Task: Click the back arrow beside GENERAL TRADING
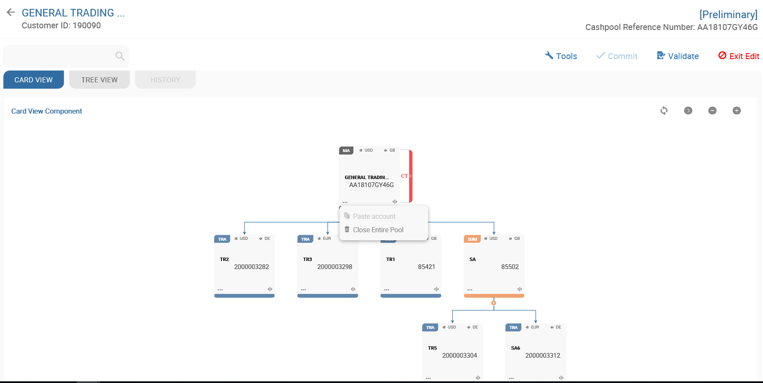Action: click(11, 13)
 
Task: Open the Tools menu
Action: click(561, 56)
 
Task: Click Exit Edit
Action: click(739, 56)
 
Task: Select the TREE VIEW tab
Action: click(100, 80)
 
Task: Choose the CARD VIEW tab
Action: click(34, 80)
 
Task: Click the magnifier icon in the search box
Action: click(120, 56)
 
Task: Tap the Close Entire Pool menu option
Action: click(378, 230)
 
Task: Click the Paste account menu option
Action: click(374, 216)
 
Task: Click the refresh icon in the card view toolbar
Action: click(664, 111)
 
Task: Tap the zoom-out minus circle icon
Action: click(712, 111)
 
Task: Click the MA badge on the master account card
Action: click(346, 151)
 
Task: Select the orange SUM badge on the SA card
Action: click(472, 239)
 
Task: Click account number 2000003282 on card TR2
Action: click(251, 267)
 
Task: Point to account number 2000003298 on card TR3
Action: click(334, 267)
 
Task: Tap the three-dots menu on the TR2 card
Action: click(220, 290)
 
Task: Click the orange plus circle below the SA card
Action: click(494, 303)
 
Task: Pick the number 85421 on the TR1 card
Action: click(426, 267)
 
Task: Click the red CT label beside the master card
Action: click(404, 176)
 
